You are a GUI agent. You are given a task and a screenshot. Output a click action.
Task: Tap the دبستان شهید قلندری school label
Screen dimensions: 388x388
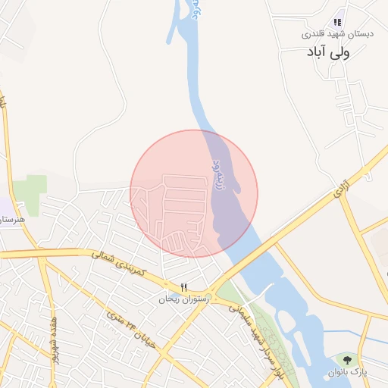(327, 34)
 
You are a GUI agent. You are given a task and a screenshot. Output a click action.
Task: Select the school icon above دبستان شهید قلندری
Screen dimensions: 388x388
(337, 23)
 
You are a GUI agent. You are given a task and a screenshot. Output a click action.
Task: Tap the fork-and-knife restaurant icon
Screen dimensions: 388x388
(183, 287)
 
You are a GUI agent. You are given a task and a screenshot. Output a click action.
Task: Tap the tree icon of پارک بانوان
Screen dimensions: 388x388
(347, 359)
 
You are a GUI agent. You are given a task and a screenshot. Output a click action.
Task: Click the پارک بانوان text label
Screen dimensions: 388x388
(346, 371)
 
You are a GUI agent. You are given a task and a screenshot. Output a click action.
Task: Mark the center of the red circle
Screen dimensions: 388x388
(194, 193)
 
